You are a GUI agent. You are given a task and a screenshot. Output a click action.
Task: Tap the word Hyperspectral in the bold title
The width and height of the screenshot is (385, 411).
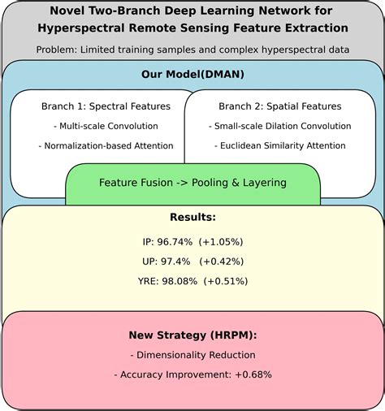coord(84,29)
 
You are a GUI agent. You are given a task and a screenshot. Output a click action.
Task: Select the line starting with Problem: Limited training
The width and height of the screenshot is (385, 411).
coord(192,50)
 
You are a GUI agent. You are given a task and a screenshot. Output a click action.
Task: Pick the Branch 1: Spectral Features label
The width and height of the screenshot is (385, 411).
coord(106,106)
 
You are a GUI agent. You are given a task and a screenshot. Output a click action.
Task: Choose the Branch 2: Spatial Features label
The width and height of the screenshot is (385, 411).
coord(279,106)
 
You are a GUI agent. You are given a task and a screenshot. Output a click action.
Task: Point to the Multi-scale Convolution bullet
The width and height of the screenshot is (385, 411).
coord(106,126)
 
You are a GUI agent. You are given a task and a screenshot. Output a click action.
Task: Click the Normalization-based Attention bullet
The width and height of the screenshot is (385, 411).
coord(106,146)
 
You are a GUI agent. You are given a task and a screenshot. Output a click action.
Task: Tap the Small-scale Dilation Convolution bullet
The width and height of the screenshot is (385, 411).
coord(279,126)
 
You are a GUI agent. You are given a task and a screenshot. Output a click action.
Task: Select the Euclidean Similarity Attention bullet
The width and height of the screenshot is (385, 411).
coord(279,146)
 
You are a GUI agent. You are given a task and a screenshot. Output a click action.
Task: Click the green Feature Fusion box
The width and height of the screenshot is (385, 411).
coord(192,183)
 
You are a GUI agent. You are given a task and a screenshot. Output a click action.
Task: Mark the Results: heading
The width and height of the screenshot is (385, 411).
coord(192,218)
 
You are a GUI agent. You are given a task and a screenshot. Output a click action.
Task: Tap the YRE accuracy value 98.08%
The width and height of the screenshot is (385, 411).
coord(180,281)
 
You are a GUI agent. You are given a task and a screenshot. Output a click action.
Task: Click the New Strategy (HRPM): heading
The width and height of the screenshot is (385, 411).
coord(192,335)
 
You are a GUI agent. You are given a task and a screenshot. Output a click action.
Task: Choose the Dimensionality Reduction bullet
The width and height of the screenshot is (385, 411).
coord(192,354)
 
